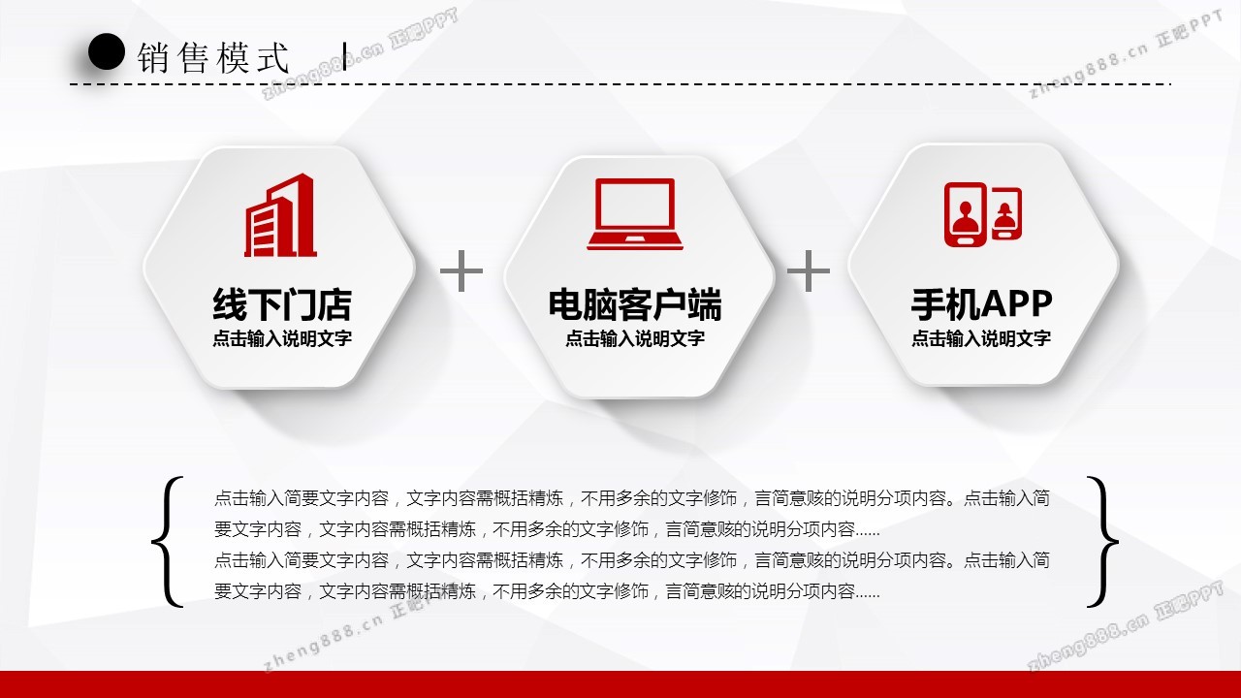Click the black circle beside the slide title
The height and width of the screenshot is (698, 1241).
click(x=106, y=51)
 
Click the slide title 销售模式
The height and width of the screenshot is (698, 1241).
click(x=213, y=57)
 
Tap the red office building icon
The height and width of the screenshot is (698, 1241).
click(x=280, y=215)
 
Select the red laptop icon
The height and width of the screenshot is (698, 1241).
click(x=635, y=214)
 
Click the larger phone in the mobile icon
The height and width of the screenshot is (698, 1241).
click(x=966, y=214)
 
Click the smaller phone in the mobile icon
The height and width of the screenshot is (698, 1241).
click(x=1005, y=213)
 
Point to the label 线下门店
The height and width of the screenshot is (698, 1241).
click(x=282, y=304)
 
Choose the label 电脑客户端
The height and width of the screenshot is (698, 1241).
click(x=635, y=304)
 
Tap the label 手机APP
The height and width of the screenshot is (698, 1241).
click(x=981, y=304)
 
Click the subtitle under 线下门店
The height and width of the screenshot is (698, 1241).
click(x=282, y=338)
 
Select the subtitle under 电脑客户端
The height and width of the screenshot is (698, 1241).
click(x=635, y=338)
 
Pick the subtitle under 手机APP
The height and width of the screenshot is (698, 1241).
click(x=981, y=338)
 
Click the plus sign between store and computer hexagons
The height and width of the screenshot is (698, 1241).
click(x=461, y=270)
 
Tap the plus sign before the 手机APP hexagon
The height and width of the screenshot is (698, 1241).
click(x=809, y=270)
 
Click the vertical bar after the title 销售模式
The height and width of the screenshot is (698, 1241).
click(x=344, y=56)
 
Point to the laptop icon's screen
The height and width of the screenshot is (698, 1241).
click(x=635, y=205)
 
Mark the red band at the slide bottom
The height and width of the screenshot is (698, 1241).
click(x=620, y=684)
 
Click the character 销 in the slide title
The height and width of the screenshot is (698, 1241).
click(x=153, y=57)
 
